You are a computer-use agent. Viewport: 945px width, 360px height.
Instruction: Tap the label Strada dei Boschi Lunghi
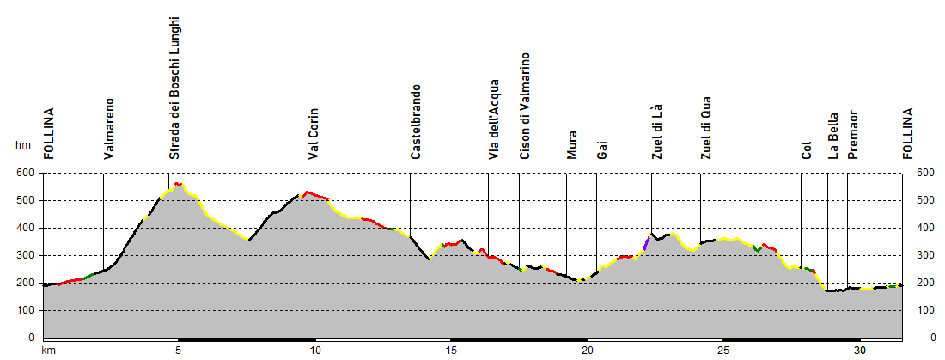click(x=174, y=87)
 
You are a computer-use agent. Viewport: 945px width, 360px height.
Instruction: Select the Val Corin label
click(x=314, y=133)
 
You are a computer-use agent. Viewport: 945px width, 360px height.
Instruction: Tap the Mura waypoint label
click(x=571, y=144)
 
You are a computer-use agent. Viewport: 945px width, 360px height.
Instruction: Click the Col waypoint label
click(x=806, y=150)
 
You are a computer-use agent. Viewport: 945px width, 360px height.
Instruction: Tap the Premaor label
click(x=852, y=134)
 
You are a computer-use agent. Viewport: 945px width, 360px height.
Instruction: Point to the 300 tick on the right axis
click(x=924, y=255)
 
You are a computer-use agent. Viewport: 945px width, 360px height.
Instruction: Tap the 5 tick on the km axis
click(x=178, y=351)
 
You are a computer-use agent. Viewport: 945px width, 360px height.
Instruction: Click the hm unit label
click(x=22, y=145)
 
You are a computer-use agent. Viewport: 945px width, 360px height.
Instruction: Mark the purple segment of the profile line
click(x=646, y=243)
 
